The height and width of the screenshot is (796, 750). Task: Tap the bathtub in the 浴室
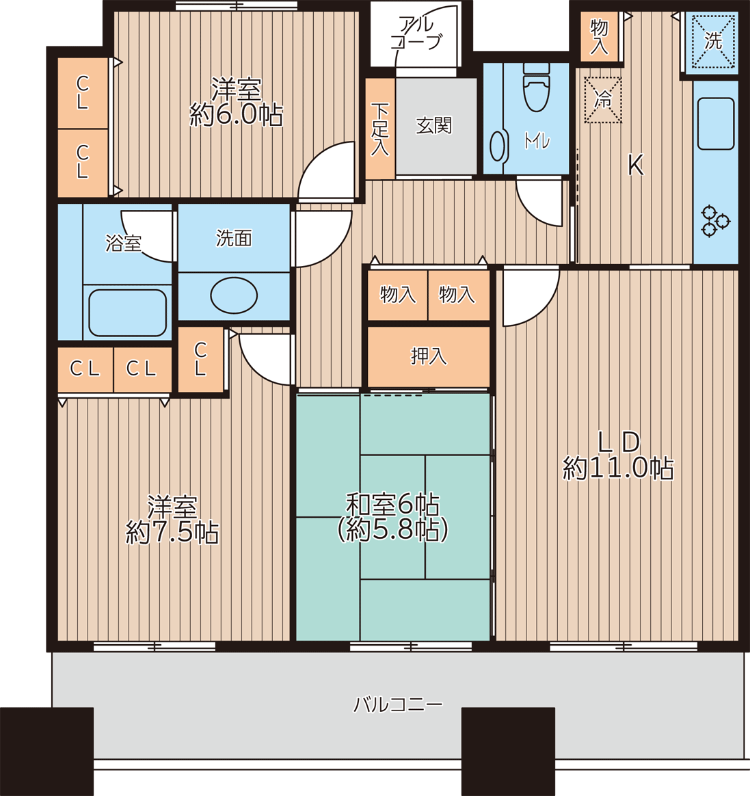click(x=127, y=313)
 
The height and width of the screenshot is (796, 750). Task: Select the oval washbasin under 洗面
click(x=234, y=295)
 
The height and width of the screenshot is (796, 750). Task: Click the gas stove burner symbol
click(x=716, y=222)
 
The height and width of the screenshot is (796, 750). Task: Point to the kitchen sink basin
click(x=716, y=123)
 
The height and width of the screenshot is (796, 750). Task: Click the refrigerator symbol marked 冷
click(x=603, y=100)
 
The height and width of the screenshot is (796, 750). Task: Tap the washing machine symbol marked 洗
click(x=713, y=41)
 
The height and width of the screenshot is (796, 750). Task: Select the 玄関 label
click(x=434, y=125)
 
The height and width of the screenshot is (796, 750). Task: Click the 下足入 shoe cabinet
click(x=380, y=129)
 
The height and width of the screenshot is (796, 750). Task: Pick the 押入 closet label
click(x=429, y=356)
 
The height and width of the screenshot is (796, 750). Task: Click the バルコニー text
click(x=398, y=704)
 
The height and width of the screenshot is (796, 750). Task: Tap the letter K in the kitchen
click(x=636, y=165)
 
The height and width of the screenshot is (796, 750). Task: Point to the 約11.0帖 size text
click(x=618, y=468)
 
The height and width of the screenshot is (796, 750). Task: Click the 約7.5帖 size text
click(x=172, y=533)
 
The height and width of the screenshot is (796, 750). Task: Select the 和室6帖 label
click(x=392, y=504)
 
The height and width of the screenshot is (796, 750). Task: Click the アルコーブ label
click(x=416, y=33)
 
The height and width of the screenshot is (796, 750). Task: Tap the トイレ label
click(x=537, y=141)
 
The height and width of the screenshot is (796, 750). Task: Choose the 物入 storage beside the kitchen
click(x=600, y=36)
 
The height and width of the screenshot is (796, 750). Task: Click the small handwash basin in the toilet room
click(x=497, y=146)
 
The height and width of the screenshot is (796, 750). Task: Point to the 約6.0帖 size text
click(x=236, y=115)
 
